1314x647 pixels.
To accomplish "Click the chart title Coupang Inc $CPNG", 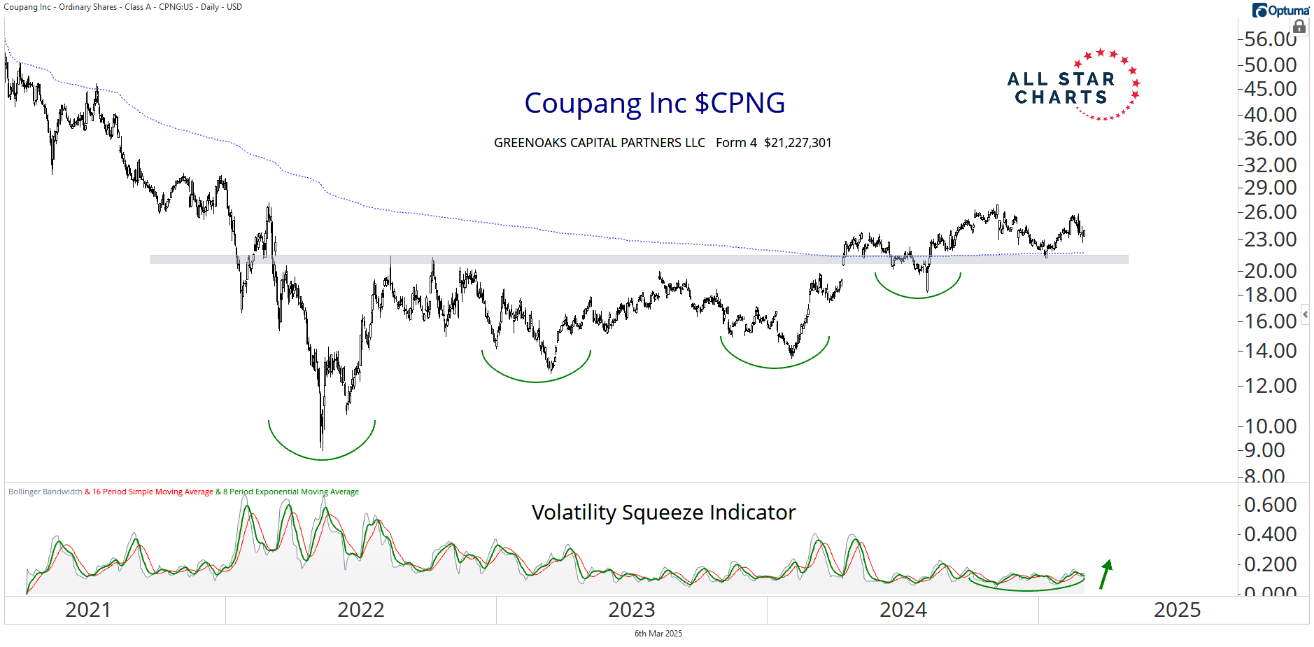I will (654, 103).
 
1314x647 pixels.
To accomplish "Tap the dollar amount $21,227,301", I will (798, 143).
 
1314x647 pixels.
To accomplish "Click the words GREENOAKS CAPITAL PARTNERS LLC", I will (599, 143).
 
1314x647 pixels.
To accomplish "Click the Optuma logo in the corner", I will (1280, 11).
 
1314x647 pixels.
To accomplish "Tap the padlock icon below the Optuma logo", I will (1299, 27).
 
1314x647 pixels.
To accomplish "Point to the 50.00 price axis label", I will (1270, 64).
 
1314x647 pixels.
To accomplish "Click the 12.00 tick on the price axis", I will (1270, 385).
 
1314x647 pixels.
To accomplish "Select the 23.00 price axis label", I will (1270, 239).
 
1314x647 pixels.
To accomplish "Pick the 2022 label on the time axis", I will (360, 610).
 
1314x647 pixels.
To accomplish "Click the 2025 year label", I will (1177, 610).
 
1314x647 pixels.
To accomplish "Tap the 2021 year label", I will (87, 610).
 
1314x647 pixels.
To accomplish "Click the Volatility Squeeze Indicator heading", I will (663, 513).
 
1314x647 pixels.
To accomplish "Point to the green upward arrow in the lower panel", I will (1105, 573).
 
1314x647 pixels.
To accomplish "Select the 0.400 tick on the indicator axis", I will (1270, 534).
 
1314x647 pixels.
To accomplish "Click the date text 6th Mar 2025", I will (658, 634).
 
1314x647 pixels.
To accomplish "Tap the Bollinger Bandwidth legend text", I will (45, 492).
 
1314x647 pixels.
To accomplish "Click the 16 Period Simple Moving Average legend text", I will (153, 492).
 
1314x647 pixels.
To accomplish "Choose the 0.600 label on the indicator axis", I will (1270, 504).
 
